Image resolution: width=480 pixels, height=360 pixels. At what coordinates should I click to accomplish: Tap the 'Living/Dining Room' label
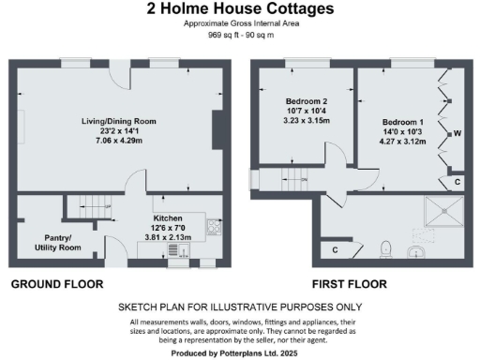click(117, 122)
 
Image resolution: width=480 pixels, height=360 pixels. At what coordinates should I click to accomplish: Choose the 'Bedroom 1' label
click(404, 122)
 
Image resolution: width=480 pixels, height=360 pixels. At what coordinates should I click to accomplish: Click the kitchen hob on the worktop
click(214, 226)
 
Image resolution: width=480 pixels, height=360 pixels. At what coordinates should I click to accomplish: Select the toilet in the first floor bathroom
click(386, 248)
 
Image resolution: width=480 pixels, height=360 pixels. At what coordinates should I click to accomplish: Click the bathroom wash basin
click(418, 250)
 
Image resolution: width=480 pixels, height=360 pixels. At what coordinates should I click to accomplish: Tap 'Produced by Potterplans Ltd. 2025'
click(240, 352)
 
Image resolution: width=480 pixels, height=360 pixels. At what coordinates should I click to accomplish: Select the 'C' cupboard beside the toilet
click(336, 249)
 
